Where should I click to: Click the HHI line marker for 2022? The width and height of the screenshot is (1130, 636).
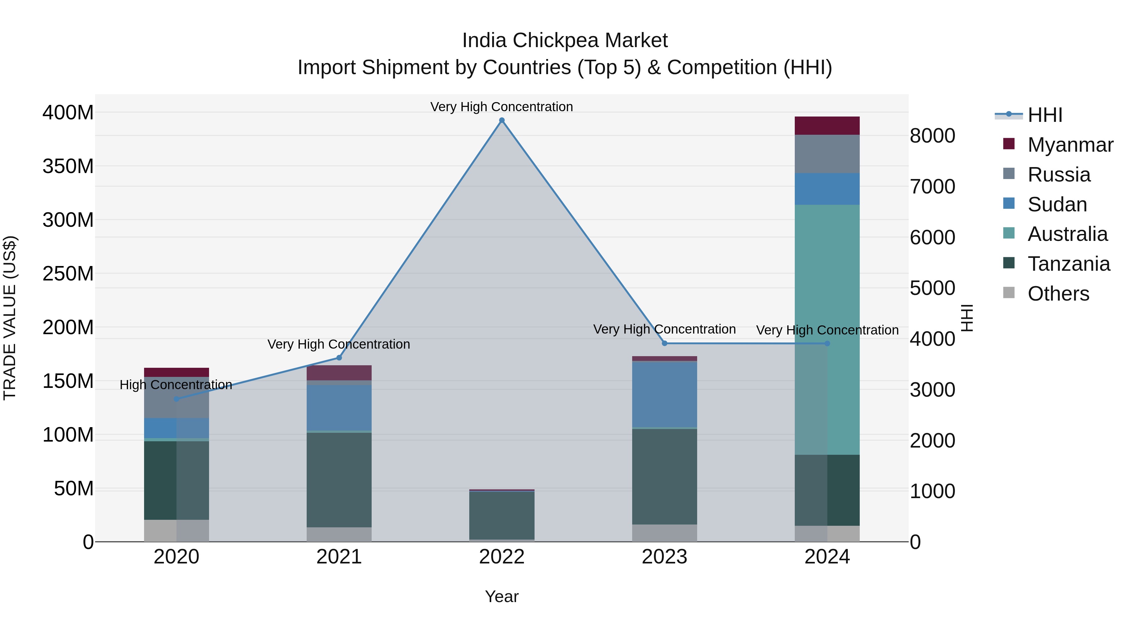[502, 120]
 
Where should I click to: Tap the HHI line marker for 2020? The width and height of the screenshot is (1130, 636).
[176, 399]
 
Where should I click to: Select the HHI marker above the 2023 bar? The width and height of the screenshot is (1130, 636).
[665, 343]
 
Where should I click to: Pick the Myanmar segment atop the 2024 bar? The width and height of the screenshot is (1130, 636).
[827, 126]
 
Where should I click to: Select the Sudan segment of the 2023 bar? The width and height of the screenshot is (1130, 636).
[665, 394]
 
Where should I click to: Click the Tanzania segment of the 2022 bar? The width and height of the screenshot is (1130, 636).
[502, 515]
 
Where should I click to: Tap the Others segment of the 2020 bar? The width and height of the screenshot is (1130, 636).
[176, 531]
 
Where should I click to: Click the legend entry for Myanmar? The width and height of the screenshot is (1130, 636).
[1070, 145]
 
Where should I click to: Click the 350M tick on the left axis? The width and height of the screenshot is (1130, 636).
[68, 166]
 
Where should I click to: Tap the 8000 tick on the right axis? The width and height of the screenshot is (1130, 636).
[932, 136]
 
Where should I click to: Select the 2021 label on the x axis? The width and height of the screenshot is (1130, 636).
[339, 557]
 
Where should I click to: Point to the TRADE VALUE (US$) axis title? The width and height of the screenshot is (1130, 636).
[10, 318]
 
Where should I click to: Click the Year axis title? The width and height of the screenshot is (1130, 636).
[502, 596]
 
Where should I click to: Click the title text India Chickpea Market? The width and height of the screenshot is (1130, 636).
[565, 41]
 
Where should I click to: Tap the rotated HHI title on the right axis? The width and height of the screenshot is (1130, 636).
[967, 318]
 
